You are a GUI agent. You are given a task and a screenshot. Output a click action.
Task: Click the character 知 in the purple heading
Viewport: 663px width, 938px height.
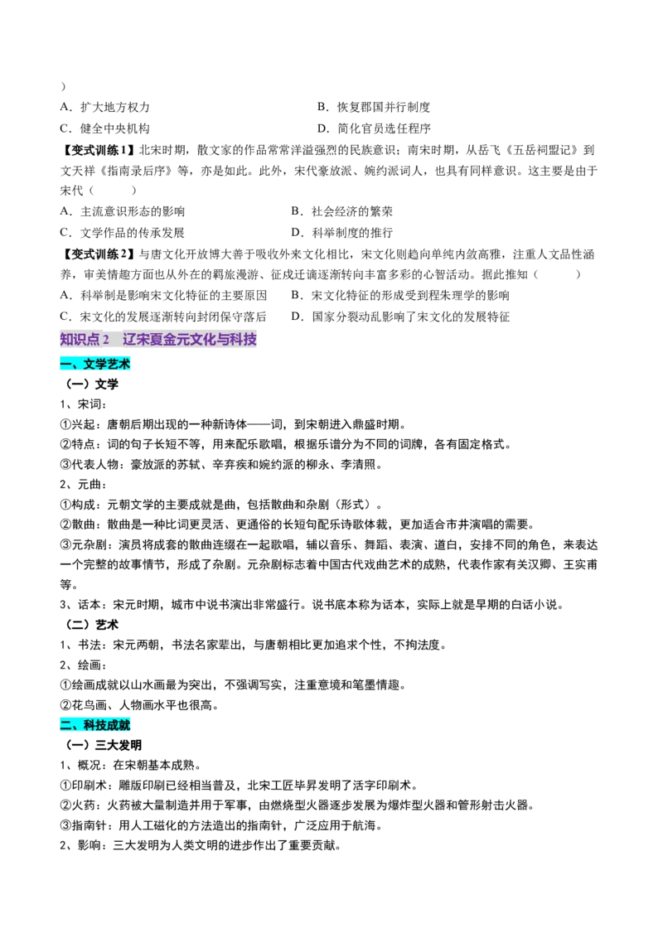click(x=67, y=339)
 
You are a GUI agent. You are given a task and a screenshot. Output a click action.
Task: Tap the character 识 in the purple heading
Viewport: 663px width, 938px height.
click(x=81, y=339)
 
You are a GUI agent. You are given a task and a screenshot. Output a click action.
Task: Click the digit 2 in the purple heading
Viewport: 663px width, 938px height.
click(x=106, y=339)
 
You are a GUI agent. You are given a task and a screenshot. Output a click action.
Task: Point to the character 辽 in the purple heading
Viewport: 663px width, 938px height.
click(x=129, y=339)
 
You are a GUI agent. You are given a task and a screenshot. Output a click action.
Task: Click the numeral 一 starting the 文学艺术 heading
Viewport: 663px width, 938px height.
click(x=66, y=364)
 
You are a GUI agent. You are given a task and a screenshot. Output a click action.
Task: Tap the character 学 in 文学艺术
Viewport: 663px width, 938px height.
click(x=101, y=364)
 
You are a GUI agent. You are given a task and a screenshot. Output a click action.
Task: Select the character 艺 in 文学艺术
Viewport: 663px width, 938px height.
click(x=113, y=364)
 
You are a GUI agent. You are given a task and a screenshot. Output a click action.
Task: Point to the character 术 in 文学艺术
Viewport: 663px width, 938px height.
click(x=125, y=364)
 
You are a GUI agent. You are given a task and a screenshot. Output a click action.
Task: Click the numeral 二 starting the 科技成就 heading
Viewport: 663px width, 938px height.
click(x=66, y=726)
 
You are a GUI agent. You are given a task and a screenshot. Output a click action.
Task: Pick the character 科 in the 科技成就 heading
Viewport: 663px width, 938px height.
click(x=90, y=726)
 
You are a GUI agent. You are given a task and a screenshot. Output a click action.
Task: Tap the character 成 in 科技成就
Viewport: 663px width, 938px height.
click(x=114, y=726)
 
